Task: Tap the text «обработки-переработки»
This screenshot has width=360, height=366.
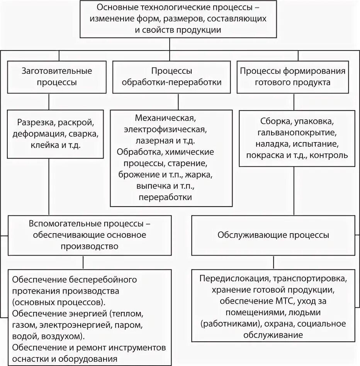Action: (172, 83)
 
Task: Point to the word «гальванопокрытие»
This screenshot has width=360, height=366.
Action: (296, 133)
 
